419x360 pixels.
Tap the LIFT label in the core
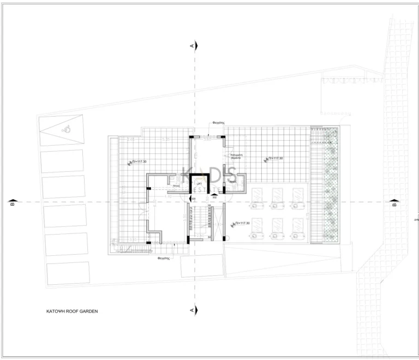tap(200, 184)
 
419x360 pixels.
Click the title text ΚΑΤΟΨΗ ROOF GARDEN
tap(71, 312)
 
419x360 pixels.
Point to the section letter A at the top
tap(192, 46)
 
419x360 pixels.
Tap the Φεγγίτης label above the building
tap(219, 123)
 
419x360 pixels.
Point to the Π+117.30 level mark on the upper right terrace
tap(275, 158)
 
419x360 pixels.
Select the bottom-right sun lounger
tap(298, 228)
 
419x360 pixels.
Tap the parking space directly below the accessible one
tap(64, 160)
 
